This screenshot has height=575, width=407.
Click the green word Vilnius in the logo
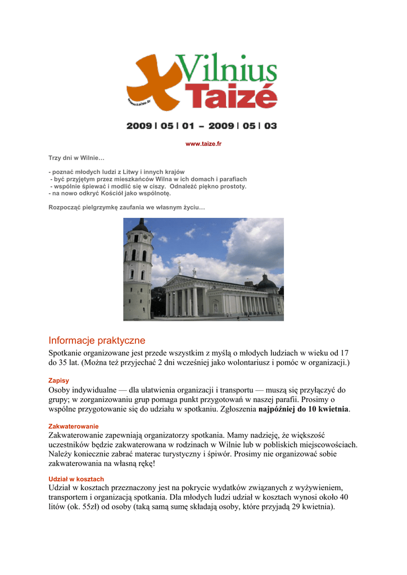point(227,69)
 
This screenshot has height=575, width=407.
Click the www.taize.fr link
point(203,144)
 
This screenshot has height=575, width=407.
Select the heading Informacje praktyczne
point(97,340)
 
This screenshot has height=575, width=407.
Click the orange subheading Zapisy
point(59,380)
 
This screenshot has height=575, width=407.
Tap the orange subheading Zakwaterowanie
point(74,426)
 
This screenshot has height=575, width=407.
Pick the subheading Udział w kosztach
point(76,479)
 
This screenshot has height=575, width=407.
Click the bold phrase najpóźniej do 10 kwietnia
point(304,409)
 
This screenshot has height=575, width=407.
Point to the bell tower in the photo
point(138,270)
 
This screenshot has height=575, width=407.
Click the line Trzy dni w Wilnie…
point(76,158)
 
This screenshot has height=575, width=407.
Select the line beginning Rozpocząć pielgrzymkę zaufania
point(127,208)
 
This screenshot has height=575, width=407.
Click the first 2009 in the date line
point(139,126)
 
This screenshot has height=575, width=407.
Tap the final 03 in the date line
point(270,126)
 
